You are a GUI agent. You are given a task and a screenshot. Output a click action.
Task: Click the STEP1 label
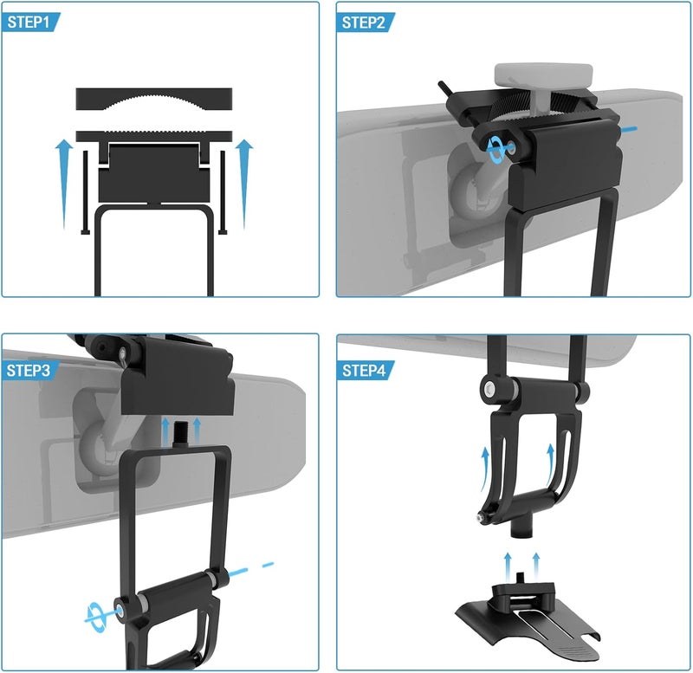pyautogui.click(x=29, y=23)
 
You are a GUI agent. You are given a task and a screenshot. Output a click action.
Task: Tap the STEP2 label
pyautogui.click(x=363, y=23)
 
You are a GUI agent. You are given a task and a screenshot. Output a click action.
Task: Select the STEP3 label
pyautogui.click(x=29, y=371)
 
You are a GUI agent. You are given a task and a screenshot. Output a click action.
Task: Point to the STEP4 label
pyautogui.click(x=364, y=371)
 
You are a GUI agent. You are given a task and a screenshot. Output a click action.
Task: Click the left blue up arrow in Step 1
pyautogui.click(x=64, y=184)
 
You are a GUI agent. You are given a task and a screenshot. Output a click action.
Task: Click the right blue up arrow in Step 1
pyautogui.click(x=244, y=184)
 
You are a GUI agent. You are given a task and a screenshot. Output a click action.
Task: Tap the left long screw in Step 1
pyautogui.click(x=85, y=192)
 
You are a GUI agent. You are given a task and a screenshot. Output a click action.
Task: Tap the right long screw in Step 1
pyautogui.click(x=223, y=192)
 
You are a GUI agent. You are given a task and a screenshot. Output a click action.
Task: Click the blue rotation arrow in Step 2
pyautogui.click(x=495, y=150)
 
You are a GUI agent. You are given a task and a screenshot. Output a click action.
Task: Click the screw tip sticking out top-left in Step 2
pyautogui.click(x=444, y=87)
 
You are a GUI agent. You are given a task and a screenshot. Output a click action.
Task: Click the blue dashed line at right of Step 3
pyautogui.click(x=251, y=570)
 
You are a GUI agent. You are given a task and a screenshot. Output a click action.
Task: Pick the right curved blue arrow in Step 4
pyautogui.click(x=549, y=465)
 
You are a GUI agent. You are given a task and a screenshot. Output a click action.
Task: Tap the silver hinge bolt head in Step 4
pyautogui.click(x=489, y=389)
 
